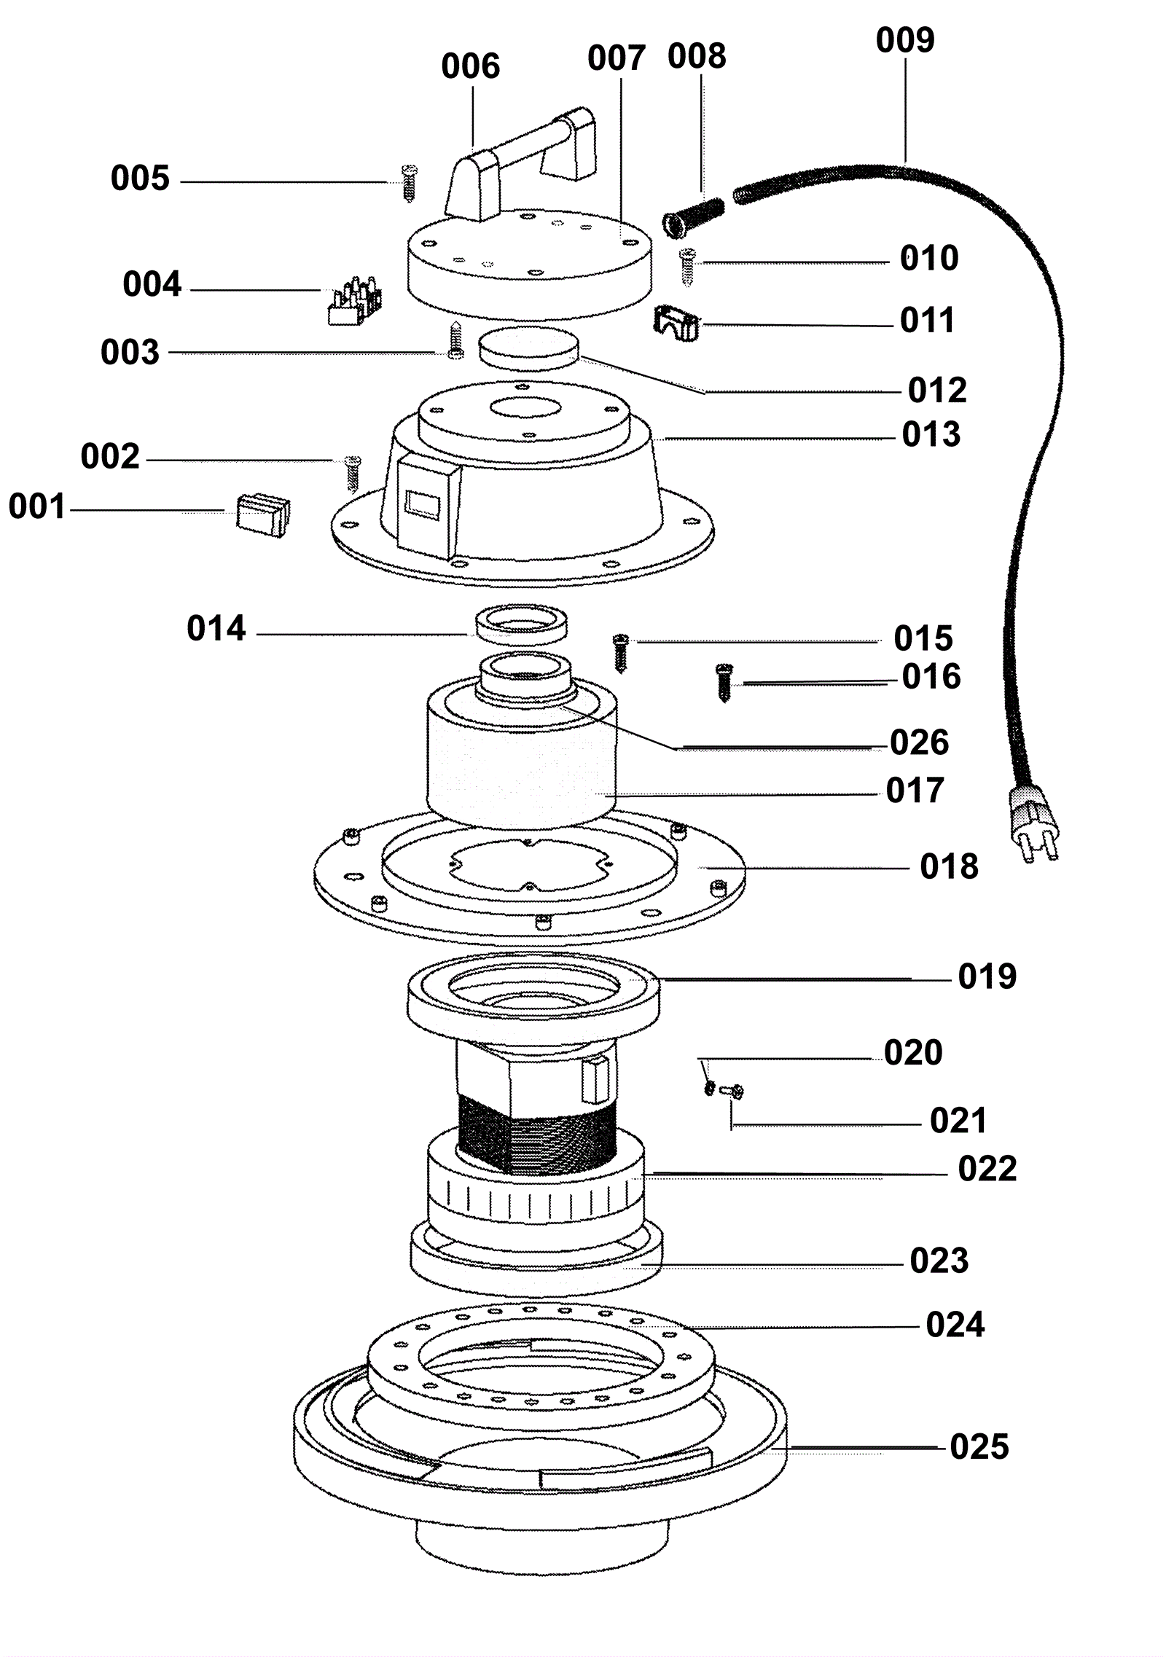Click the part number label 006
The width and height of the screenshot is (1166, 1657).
pyautogui.click(x=470, y=66)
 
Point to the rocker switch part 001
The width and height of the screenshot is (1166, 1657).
pyautogui.click(x=262, y=515)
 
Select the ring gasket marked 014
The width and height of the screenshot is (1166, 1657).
pyautogui.click(x=522, y=624)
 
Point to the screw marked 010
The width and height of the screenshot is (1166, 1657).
pyautogui.click(x=687, y=267)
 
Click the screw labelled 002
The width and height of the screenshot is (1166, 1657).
pyautogui.click(x=353, y=474)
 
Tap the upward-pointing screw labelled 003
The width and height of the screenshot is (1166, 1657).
pyautogui.click(x=455, y=340)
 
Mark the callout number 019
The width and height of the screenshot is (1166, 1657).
pyautogui.click(x=987, y=976)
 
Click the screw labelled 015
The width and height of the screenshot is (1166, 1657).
pyautogui.click(x=621, y=653)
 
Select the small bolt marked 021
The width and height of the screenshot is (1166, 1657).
pyautogui.click(x=730, y=1091)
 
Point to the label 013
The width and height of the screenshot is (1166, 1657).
pyautogui.click(x=931, y=435)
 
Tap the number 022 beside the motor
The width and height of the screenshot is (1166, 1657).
pyautogui.click(x=987, y=1170)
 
